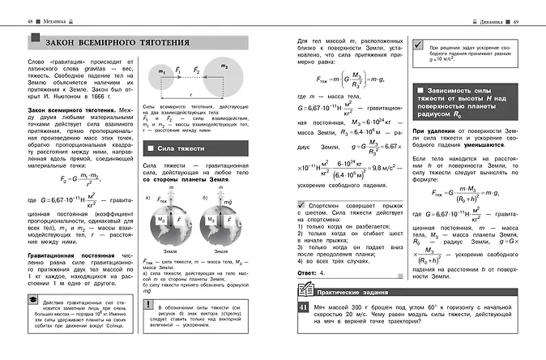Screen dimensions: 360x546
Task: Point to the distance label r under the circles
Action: point(193,94)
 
